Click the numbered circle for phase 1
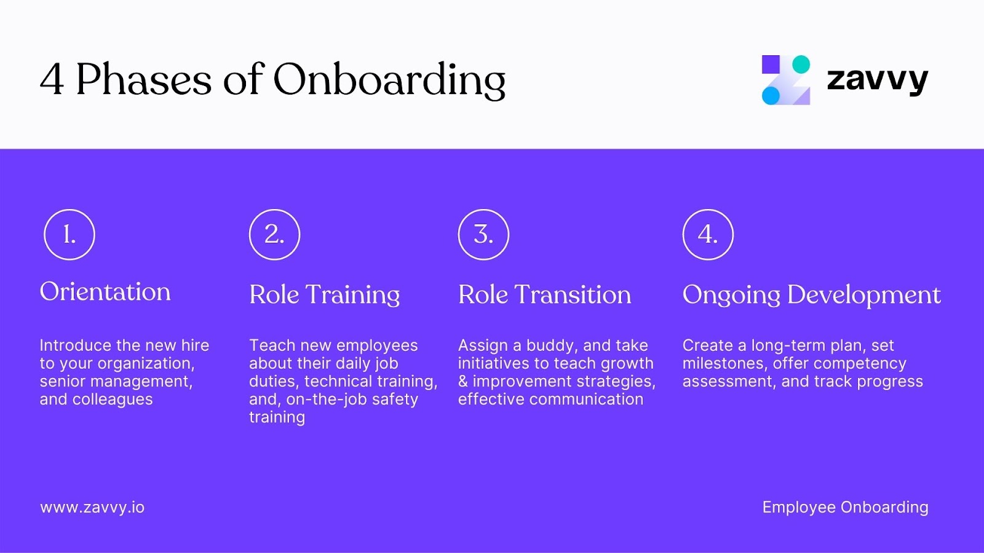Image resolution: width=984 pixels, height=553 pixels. click(x=69, y=235)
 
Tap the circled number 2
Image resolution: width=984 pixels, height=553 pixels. click(x=274, y=235)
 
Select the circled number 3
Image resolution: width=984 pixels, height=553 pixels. click(x=483, y=235)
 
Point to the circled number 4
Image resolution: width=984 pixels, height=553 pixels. click(x=708, y=235)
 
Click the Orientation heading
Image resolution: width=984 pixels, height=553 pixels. click(x=105, y=292)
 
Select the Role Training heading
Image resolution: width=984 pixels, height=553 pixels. click(x=324, y=295)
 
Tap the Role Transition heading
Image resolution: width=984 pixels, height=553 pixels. click(x=544, y=295)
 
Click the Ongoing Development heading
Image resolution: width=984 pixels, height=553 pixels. click(x=811, y=295)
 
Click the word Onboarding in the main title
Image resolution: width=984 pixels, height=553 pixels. click(x=389, y=80)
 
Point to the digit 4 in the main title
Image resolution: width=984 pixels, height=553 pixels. click(x=52, y=80)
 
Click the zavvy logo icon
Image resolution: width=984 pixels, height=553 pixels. click(x=786, y=80)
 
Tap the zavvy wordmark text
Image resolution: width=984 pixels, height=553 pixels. click(x=877, y=80)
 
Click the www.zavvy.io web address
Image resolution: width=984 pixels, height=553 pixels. click(x=92, y=508)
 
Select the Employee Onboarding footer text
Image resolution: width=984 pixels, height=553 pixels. click(x=845, y=508)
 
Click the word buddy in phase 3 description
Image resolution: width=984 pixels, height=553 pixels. click(x=552, y=345)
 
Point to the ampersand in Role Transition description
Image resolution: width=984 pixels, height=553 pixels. click(x=463, y=382)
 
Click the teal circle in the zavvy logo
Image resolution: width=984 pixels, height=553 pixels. click(x=801, y=65)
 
